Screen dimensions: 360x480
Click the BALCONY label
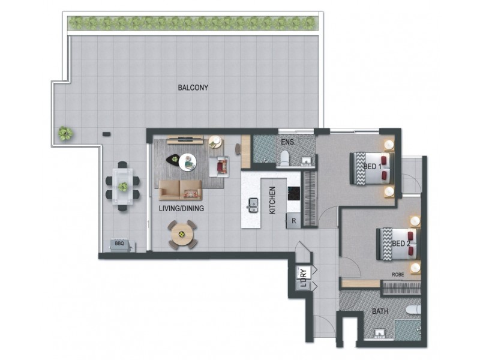(193, 88)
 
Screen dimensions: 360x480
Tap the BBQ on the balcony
(119, 244)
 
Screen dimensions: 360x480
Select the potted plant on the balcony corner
(64, 133)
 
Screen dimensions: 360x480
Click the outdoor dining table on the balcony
(123, 186)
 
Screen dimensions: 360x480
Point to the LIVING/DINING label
(182, 209)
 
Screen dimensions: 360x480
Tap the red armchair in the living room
(223, 165)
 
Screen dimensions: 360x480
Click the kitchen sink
(253, 205)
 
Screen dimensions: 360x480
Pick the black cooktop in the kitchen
(293, 193)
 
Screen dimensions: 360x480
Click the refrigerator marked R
(293, 220)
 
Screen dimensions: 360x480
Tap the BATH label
(380, 311)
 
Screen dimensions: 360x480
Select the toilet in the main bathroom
(413, 311)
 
